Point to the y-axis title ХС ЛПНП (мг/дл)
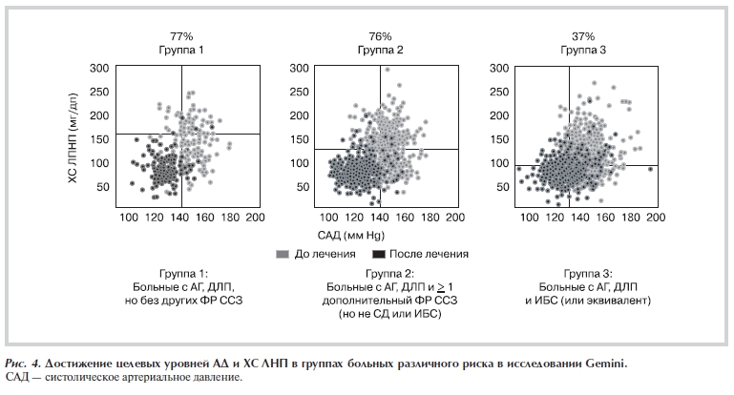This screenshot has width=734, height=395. tap(73, 134)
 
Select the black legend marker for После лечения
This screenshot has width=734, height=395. tap(377, 254)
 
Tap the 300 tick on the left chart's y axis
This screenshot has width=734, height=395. tap(98, 70)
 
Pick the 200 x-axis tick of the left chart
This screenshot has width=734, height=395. tap(254, 218)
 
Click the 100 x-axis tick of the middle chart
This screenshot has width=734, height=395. tap(325, 218)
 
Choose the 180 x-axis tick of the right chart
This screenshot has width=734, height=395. tap(631, 218)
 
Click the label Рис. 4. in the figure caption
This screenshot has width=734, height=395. tap(26, 364)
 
